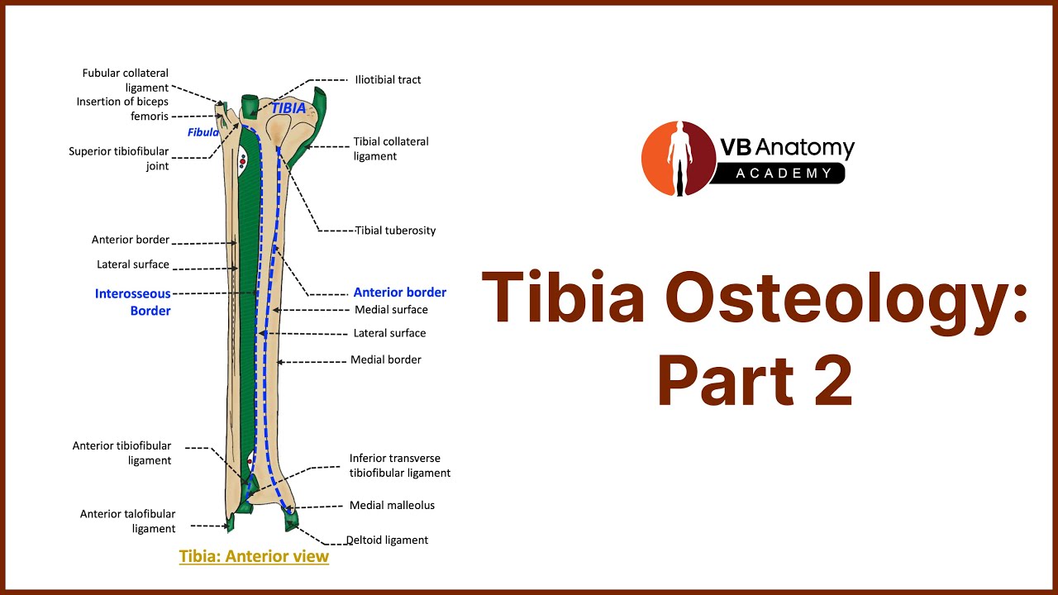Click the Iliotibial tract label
(x=388, y=80)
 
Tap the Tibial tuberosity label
(x=395, y=231)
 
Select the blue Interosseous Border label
(x=133, y=302)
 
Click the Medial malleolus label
(x=392, y=505)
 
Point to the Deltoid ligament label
(x=388, y=540)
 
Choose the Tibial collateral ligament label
(x=391, y=149)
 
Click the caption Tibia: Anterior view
(x=254, y=556)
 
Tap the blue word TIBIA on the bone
(x=288, y=108)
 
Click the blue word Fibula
(x=203, y=132)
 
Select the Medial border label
(x=385, y=359)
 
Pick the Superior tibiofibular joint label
(x=118, y=159)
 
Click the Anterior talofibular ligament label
(x=127, y=521)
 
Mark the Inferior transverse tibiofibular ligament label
(x=399, y=465)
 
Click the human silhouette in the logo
(x=679, y=158)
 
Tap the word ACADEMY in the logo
(x=784, y=174)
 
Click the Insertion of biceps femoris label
(x=122, y=109)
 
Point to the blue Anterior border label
(x=399, y=293)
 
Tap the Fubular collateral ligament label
(x=125, y=80)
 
